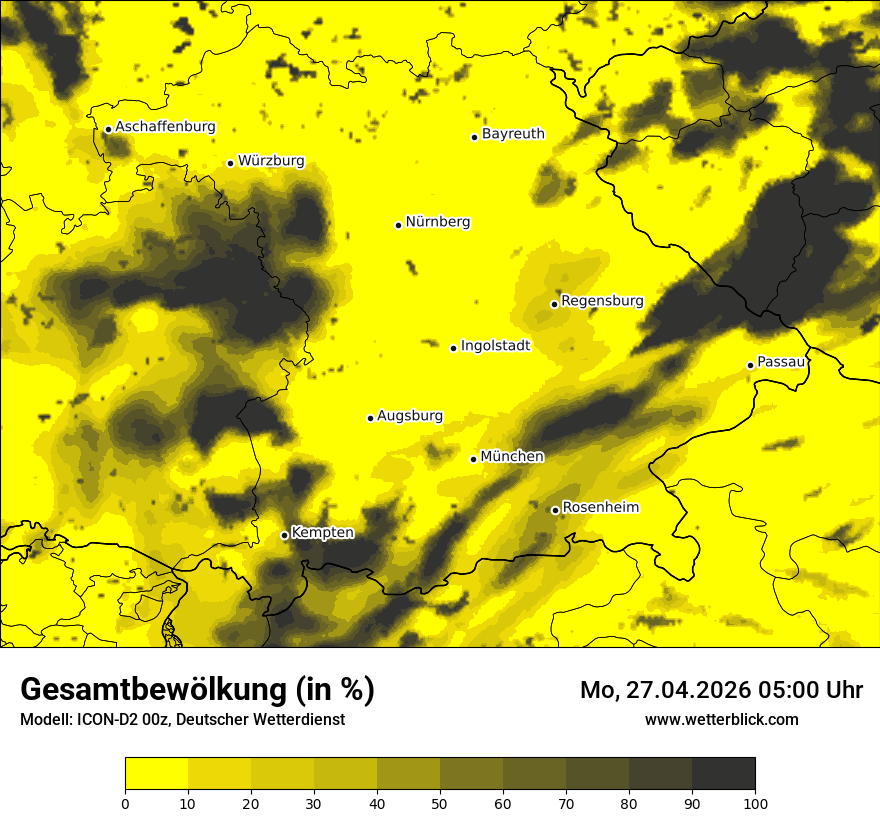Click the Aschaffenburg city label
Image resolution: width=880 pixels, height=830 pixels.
[x=165, y=127]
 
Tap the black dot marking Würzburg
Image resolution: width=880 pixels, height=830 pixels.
[x=230, y=163]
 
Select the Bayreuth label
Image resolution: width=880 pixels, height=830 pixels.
[x=513, y=134]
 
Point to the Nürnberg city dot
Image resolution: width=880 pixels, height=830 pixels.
[x=398, y=225]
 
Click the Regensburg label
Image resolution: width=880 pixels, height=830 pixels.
[x=602, y=301]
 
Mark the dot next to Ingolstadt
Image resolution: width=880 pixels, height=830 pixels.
[x=453, y=348]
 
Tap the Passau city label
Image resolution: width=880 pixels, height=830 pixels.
[x=781, y=362]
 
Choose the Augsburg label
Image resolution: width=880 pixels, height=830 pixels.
[x=410, y=416]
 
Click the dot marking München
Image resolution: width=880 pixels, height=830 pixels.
[x=473, y=459]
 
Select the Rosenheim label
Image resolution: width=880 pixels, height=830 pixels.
[x=600, y=508]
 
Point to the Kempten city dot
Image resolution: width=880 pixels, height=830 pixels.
[x=284, y=535]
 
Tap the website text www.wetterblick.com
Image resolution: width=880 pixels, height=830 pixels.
[x=721, y=719]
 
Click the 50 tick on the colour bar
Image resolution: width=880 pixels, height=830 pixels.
[x=440, y=802]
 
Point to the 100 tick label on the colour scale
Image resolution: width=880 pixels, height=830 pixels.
[x=755, y=802]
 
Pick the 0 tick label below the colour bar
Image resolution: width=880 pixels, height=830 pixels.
[x=125, y=802]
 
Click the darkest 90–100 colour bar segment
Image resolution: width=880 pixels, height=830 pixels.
[x=723, y=774]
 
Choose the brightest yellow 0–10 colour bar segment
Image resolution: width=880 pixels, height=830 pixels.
[x=156, y=774]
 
